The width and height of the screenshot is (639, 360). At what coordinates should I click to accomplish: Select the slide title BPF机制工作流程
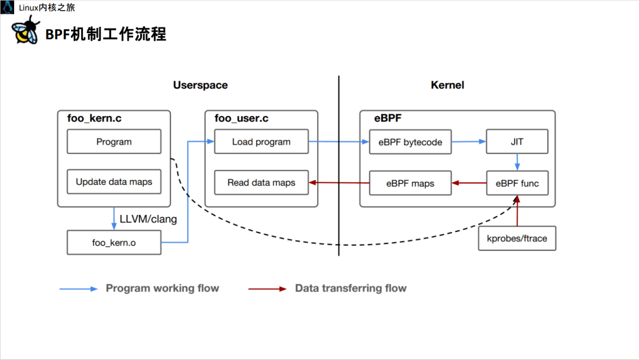click(106, 34)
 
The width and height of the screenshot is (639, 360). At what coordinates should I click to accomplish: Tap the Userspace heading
click(200, 85)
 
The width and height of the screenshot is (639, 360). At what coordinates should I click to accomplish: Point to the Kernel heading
click(447, 85)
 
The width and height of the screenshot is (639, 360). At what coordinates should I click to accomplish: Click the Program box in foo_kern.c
click(114, 142)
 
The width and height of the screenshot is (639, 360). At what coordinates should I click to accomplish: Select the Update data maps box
click(114, 182)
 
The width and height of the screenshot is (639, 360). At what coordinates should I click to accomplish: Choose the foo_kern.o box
click(114, 242)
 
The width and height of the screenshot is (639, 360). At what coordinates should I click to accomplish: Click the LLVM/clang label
click(148, 219)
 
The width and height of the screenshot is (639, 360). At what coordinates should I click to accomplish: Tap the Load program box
click(261, 142)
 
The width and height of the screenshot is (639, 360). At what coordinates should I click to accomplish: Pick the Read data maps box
click(261, 183)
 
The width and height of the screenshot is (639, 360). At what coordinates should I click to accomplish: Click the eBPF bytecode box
click(410, 142)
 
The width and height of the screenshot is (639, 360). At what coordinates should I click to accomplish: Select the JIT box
click(517, 142)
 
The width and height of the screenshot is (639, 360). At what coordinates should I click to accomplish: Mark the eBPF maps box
click(410, 184)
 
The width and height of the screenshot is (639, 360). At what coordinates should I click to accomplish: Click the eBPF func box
click(517, 184)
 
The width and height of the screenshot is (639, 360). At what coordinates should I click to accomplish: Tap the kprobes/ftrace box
click(517, 239)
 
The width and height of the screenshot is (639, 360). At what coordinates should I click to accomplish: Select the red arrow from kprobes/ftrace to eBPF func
click(517, 212)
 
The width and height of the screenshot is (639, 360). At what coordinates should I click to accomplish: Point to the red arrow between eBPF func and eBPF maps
click(469, 184)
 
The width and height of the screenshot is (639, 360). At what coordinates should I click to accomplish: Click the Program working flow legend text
click(162, 288)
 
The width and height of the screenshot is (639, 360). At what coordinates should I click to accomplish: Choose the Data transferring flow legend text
click(351, 288)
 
